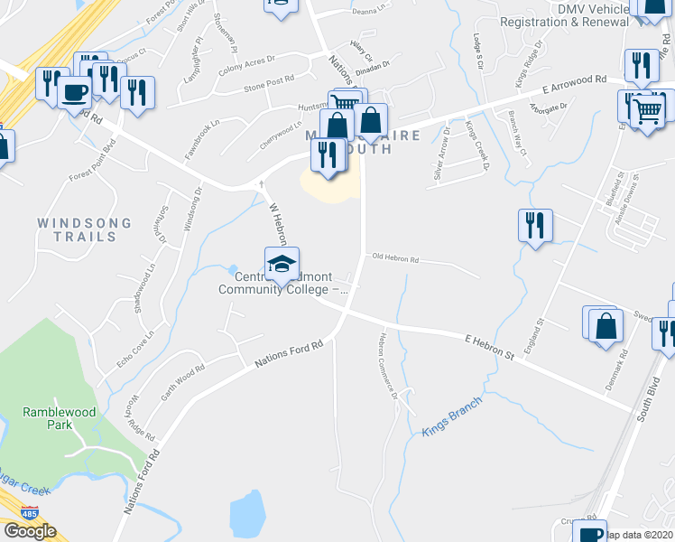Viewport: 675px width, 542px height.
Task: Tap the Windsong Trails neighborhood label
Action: click(84, 229)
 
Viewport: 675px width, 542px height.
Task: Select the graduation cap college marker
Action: click(282, 264)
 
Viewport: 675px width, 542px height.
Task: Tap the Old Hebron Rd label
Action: click(396, 259)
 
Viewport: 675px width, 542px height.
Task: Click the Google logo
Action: click(30, 531)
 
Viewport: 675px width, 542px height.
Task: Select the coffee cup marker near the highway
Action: click(75, 92)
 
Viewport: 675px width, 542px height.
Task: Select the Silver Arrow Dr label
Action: click(443, 146)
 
